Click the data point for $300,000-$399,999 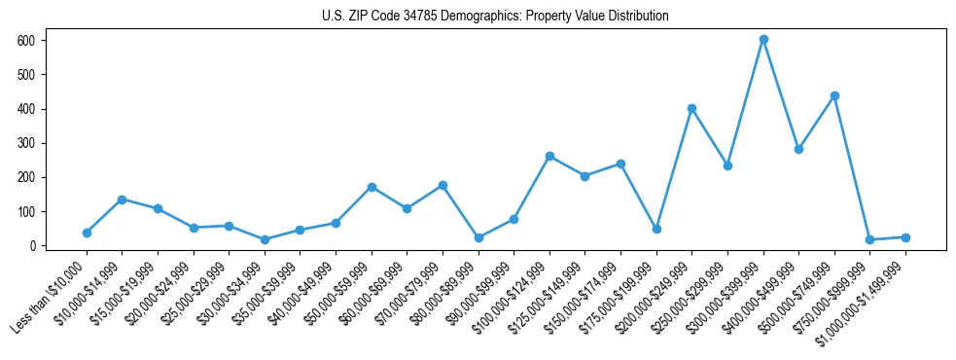[763, 40]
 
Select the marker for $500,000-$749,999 [834, 95]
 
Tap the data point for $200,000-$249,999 [691, 108]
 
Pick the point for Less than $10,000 [87, 233]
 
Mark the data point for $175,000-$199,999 [656, 229]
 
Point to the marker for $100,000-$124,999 [549, 156]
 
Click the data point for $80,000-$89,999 [478, 237]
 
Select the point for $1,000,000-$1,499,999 [905, 237]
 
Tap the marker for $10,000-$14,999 [122, 199]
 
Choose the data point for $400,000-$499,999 [798, 149]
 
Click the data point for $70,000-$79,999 [443, 185]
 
